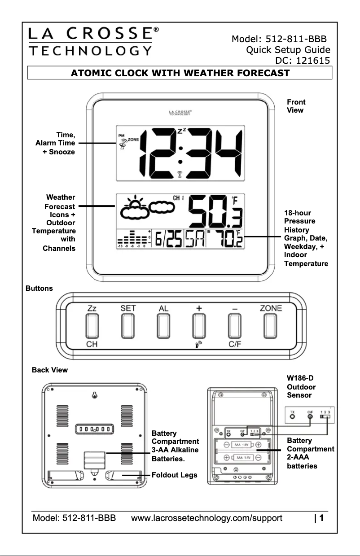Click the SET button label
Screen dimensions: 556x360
pyautogui.click(x=128, y=308)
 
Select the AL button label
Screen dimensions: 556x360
pyautogui.click(x=163, y=308)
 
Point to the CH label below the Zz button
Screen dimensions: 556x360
pyautogui.click(x=92, y=345)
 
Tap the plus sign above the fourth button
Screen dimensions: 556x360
pyautogui.click(x=198, y=308)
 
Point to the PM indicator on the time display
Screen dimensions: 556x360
pyautogui.click(x=122, y=135)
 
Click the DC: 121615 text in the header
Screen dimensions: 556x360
pyautogui.click(x=302, y=60)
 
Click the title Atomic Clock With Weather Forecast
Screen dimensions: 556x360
pyautogui.click(x=180, y=73)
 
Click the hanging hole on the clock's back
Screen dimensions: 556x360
pyautogui.click(x=95, y=395)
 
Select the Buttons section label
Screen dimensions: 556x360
pyautogui.click(x=40, y=288)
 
